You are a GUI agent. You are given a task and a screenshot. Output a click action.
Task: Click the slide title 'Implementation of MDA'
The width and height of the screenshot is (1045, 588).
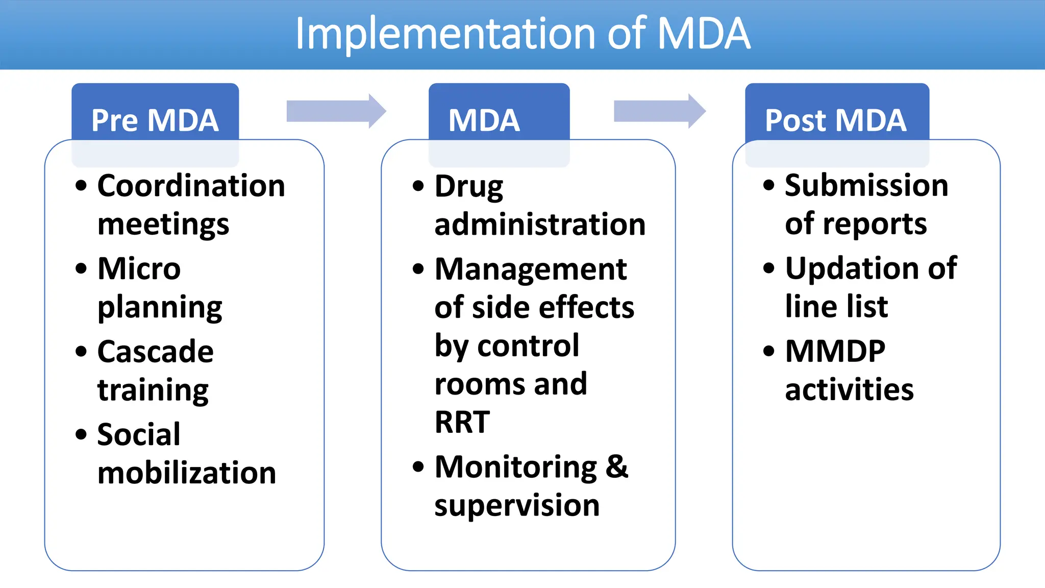[x=522, y=34]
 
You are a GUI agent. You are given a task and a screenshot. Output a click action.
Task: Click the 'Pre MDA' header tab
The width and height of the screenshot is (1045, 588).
[x=155, y=120]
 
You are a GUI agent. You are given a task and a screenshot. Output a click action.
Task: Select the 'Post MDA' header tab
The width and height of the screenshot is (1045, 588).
[x=836, y=120]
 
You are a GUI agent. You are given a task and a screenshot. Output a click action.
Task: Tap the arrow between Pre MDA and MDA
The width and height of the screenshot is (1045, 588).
[x=336, y=111]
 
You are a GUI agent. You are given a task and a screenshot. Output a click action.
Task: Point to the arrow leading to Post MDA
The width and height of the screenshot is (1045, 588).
[x=659, y=111]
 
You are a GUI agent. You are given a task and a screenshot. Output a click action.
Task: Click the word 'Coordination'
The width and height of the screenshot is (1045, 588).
[x=191, y=185]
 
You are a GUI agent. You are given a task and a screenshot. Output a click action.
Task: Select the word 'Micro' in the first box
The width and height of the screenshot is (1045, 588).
[x=139, y=268]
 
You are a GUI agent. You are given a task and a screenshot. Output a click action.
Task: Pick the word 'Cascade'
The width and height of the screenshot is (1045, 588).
[x=155, y=352]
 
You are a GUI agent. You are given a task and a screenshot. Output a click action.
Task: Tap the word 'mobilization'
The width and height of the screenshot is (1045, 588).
[x=187, y=473]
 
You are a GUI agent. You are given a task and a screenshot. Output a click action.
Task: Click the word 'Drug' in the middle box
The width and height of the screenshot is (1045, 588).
[x=468, y=186]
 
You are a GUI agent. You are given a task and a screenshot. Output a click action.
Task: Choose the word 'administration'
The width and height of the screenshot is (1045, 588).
[x=540, y=224]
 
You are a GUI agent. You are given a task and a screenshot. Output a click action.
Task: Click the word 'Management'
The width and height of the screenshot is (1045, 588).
[x=531, y=269]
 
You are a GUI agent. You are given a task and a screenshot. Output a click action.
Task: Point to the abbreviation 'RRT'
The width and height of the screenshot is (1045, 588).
[x=462, y=422]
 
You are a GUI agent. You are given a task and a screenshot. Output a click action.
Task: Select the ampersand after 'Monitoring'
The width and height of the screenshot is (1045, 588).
[x=617, y=467]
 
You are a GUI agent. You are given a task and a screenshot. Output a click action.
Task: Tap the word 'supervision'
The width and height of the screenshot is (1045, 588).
[x=516, y=505]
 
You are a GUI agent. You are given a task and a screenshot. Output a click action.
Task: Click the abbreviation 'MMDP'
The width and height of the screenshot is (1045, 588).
[x=835, y=351]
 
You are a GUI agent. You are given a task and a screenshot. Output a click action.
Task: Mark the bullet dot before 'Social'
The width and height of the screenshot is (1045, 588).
[x=81, y=434]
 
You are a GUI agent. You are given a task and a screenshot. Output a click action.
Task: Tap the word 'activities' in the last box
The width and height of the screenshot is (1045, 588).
[x=849, y=390]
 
